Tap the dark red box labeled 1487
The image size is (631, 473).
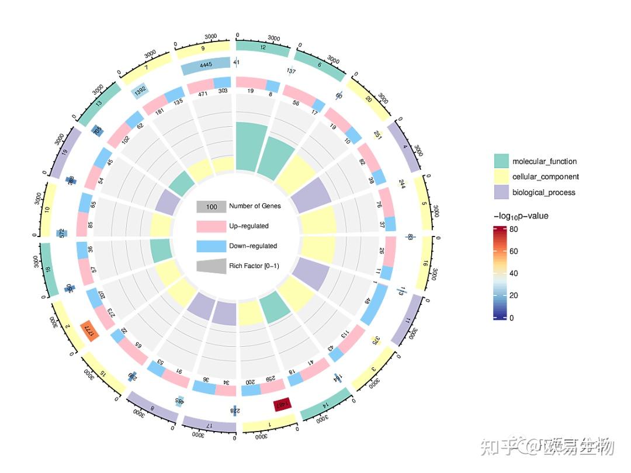(282, 405)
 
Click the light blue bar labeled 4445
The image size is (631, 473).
(206, 65)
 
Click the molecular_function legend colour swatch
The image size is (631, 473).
(501, 161)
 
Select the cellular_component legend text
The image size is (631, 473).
(546, 177)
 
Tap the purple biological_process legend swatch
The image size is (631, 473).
(501, 192)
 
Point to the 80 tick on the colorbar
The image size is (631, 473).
(513, 229)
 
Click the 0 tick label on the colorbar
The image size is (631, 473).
(512, 318)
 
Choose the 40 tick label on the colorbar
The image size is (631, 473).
(513, 273)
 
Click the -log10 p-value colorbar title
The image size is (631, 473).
(521, 216)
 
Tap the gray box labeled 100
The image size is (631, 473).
(211, 207)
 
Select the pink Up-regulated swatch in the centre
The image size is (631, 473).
(211, 226)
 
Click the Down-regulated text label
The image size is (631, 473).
(253, 246)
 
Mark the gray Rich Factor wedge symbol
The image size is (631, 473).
(211, 266)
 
